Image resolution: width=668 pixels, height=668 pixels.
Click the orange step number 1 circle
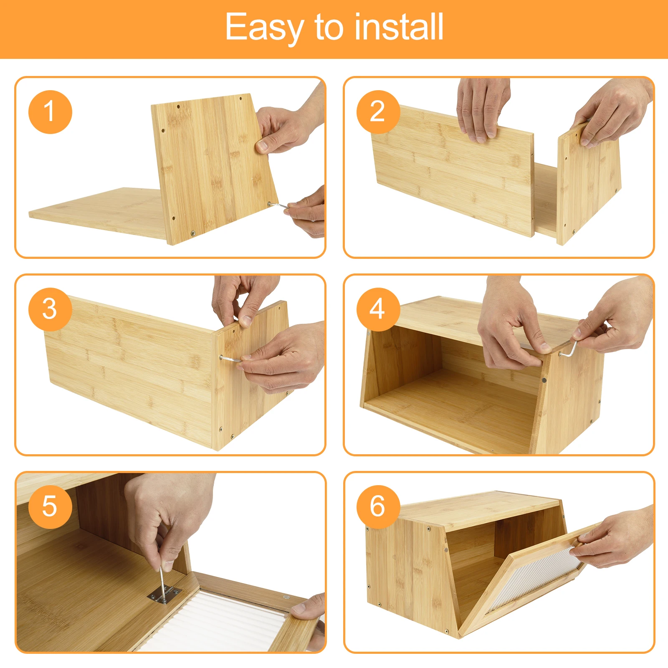click(50, 112)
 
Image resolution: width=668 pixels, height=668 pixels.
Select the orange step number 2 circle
click(378, 112)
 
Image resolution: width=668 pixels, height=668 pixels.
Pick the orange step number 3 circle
click(50, 309)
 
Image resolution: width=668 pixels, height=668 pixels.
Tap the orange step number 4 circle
click(378, 309)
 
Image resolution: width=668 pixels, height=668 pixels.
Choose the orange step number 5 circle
click(50, 507)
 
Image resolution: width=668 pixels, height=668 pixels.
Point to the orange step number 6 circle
click(378, 507)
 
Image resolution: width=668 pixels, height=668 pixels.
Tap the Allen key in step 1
click(278, 205)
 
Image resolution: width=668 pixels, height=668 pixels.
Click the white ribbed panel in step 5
click(213, 622)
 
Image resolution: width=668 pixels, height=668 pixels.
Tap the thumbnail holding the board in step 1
click(262, 146)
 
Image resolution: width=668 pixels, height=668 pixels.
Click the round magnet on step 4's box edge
click(544, 380)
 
